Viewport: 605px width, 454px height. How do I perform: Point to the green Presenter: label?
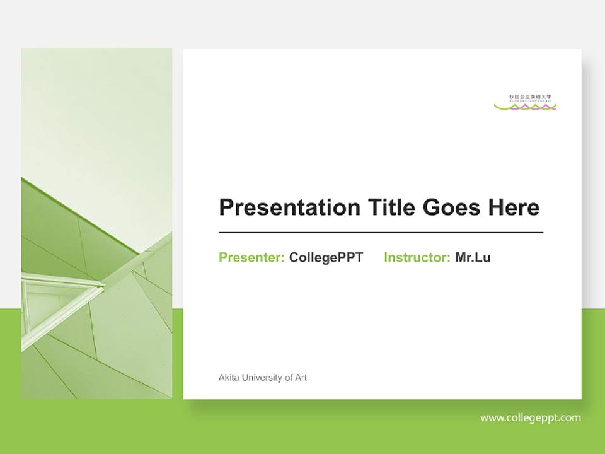pos(251,257)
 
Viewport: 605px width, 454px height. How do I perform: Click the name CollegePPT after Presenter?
pos(326,257)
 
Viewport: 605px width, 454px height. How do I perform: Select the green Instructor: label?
pos(417,257)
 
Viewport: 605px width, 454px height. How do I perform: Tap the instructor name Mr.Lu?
pos(473,257)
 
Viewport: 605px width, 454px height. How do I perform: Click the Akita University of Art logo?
pos(525,102)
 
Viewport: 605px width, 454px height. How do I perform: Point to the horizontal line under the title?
pos(381,233)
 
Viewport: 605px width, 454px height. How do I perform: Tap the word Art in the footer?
pos(301,378)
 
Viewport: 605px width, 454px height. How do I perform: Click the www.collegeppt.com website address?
pos(531,417)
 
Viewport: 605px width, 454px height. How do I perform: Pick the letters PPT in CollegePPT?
pos(351,257)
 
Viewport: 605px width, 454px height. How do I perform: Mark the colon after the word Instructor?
pos(448,258)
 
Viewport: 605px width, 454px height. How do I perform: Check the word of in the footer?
pos(289,378)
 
